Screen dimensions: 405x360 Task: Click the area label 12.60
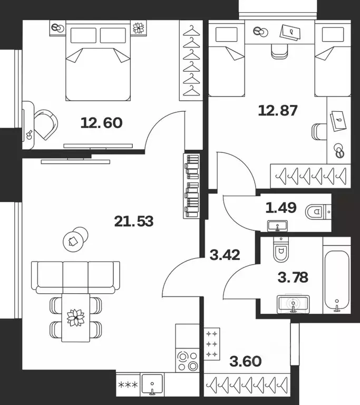click(x=102, y=123)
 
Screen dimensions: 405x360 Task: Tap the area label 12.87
click(x=278, y=111)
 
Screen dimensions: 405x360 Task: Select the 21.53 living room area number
click(x=134, y=221)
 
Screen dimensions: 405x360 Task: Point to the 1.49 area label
click(x=281, y=208)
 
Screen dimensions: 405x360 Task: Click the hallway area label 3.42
click(x=225, y=256)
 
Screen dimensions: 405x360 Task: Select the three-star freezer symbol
click(x=129, y=385)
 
